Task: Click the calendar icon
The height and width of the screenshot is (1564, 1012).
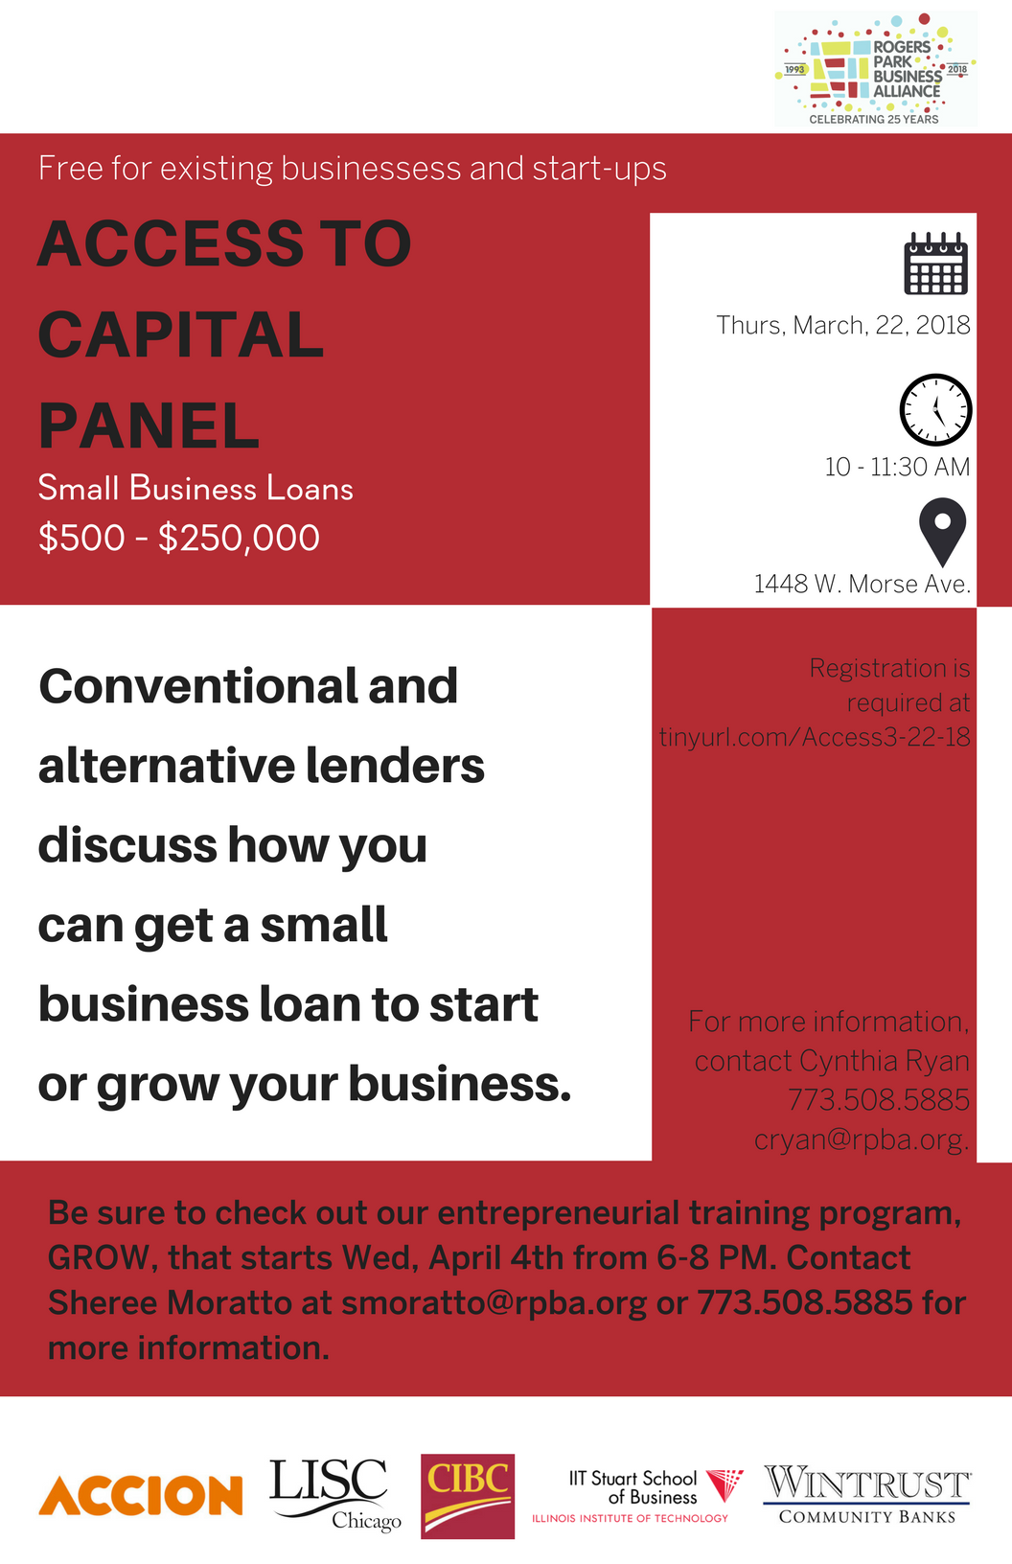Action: tap(936, 264)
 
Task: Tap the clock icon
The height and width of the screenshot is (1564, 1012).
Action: tap(936, 410)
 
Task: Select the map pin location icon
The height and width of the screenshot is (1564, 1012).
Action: tap(943, 532)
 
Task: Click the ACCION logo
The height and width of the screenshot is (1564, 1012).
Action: tap(140, 1495)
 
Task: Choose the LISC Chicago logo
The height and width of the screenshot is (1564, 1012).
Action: tap(335, 1493)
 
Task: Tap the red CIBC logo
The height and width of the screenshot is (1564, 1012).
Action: tap(468, 1496)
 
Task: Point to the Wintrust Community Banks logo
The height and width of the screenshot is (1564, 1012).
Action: tap(866, 1494)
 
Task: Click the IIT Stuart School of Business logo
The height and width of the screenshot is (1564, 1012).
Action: tap(637, 1496)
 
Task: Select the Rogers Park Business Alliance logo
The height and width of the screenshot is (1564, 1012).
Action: tap(876, 68)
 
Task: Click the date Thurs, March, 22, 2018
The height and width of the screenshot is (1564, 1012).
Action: tap(843, 326)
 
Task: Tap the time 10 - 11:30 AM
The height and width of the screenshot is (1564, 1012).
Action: tap(897, 467)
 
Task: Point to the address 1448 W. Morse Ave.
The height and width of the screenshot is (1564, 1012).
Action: tap(862, 584)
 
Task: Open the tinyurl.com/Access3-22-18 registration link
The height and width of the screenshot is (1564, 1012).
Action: tap(815, 737)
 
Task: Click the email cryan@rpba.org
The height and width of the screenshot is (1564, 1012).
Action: tap(862, 1138)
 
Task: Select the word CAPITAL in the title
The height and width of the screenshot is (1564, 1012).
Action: tap(181, 334)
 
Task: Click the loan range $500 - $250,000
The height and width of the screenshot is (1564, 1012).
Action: tap(179, 538)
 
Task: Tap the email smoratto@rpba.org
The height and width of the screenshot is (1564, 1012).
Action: tap(494, 1303)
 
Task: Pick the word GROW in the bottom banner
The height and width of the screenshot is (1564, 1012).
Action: tap(97, 1258)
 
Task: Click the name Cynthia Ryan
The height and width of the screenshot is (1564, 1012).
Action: tap(885, 1061)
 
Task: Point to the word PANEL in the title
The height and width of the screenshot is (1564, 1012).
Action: tap(149, 425)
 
